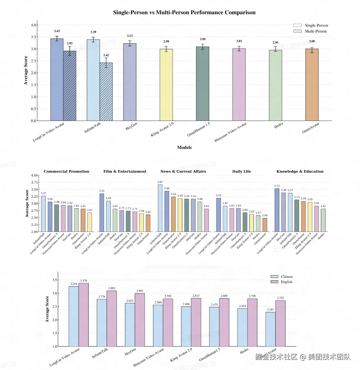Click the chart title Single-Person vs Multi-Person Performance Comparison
point(184,13)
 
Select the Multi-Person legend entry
point(315,31)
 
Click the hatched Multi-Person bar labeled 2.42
point(106,91)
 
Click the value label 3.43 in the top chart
point(57,31)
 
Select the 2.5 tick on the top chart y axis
point(34,61)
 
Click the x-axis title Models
point(184,147)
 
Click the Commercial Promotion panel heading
point(66,171)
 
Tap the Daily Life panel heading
point(242,171)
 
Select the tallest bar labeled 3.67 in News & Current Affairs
point(160,208)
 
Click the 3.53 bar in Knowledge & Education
point(277,210)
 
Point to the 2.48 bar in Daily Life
point(265,225)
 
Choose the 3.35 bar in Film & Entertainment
point(102,213)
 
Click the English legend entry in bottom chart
point(286,282)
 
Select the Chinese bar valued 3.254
point(74,316)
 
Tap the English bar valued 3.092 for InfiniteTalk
point(112,319)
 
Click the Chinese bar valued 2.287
point(270,329)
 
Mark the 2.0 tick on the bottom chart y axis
point(54,320)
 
